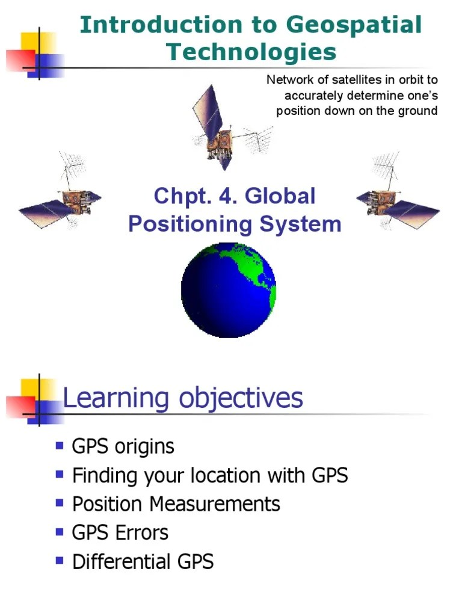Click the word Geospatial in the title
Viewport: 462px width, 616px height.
click(354, 25)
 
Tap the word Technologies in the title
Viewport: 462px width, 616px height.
click(251, 52)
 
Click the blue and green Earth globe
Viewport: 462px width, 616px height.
click(229, 291)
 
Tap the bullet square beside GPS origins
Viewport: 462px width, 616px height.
click(60, 446)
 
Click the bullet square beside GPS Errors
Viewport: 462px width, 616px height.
click(60, 532)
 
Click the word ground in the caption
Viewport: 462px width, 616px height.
click(420, 111)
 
